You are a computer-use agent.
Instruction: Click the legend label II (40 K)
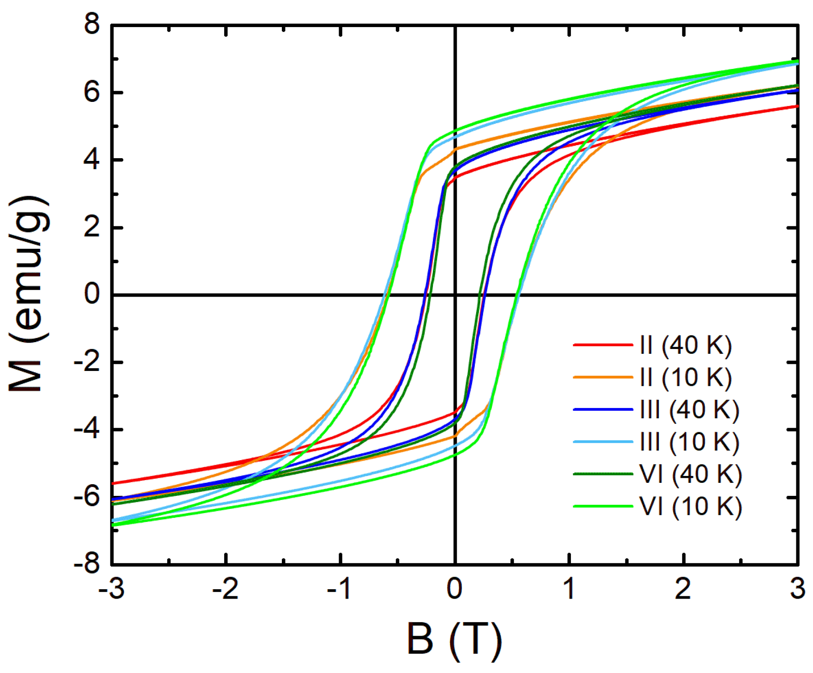[x=685, y=346]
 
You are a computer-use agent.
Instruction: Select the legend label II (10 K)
[x=685, y=377]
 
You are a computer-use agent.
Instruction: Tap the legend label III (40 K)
[x=689, y=410]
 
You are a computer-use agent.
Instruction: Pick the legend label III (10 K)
[x=689, y=442]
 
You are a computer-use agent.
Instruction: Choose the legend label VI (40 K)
[x=690, y=474]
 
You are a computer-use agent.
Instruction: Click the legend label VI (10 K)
[x=690, y=506]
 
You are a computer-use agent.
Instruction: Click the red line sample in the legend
[x=603, y=345]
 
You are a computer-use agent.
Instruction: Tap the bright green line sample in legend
[x=603, y=506]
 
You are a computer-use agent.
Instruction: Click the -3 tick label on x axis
[x=111, y=588]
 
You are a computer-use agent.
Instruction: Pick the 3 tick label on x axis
[x=798, y=588]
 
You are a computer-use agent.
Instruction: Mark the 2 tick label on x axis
[x=683, y=588]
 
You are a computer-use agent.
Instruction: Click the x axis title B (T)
[x=454, y=639]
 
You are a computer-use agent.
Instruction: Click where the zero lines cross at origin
[x=455, y=295]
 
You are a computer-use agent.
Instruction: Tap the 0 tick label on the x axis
[x=455, y=588]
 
